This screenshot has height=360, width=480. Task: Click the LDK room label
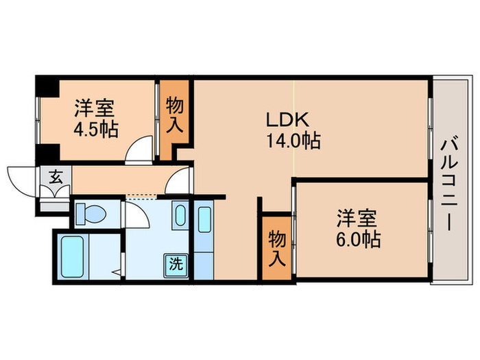click(288, 119)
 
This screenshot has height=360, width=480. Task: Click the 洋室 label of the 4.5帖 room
click(95, 108)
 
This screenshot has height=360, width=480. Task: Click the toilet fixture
click(89, 214)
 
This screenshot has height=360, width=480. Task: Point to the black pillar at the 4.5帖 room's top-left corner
click(45, 88)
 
